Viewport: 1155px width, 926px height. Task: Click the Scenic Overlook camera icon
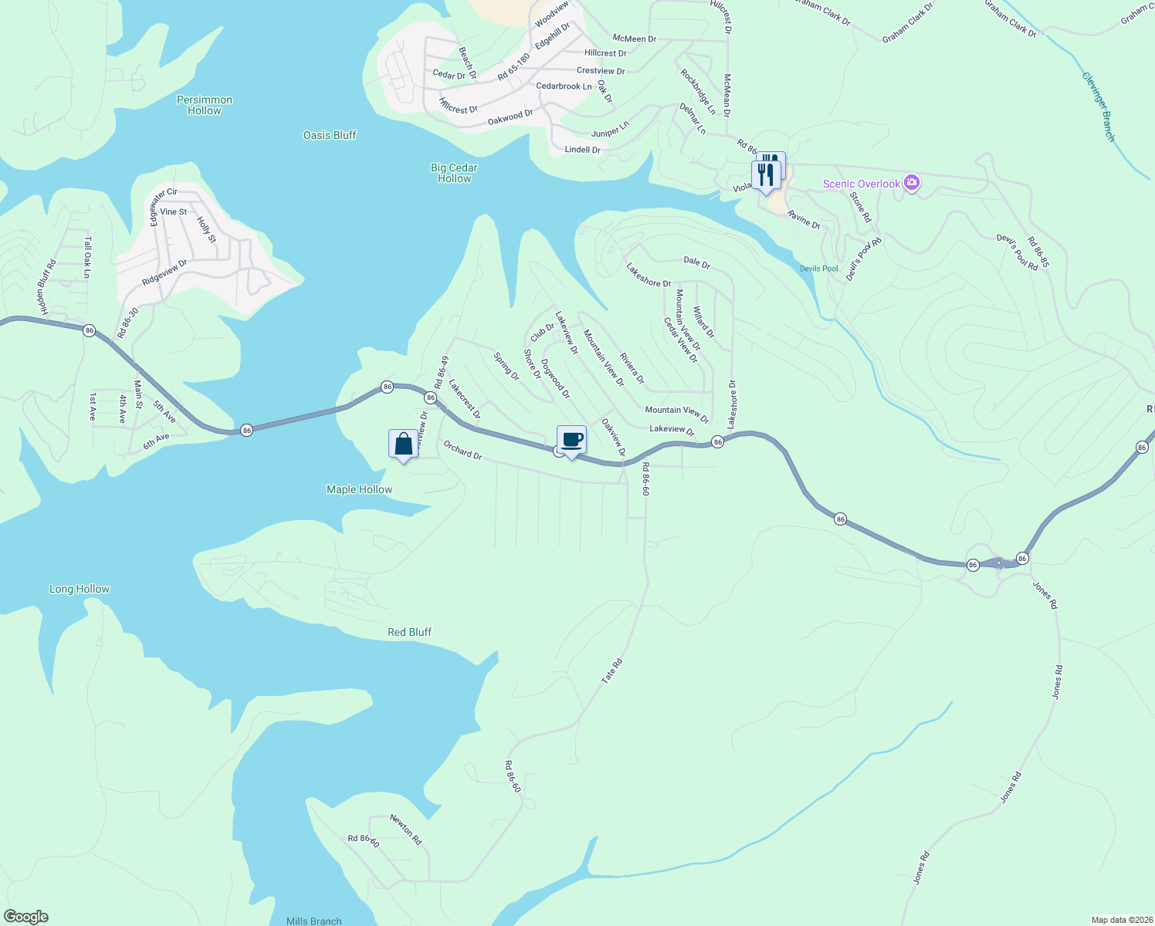[912, 184]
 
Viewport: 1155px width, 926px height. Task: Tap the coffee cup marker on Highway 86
[571, 441]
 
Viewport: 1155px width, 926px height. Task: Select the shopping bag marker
[403, 444]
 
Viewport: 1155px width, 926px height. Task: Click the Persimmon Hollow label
[205, 105]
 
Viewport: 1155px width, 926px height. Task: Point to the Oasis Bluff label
[330, 135]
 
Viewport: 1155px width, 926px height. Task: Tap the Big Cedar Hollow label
[454, 173]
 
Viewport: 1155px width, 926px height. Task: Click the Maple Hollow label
[359, 489]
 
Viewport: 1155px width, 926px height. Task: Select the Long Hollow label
[80, 589]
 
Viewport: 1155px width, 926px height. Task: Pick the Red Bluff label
[409, 632]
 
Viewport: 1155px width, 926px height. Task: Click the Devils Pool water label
[818, 269]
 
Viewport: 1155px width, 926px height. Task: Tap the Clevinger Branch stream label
[1098, 106]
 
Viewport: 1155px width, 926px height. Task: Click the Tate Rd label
[611, 671]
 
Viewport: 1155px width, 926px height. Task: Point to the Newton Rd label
[406, 829]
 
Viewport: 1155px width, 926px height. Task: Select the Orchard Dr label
[462, 450]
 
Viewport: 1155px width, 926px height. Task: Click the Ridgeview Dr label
[164, 272]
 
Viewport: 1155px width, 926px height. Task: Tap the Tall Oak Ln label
[87, 257]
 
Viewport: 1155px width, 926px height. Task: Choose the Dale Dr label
[696, 262]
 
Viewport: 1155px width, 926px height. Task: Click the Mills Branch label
[313, 921]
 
